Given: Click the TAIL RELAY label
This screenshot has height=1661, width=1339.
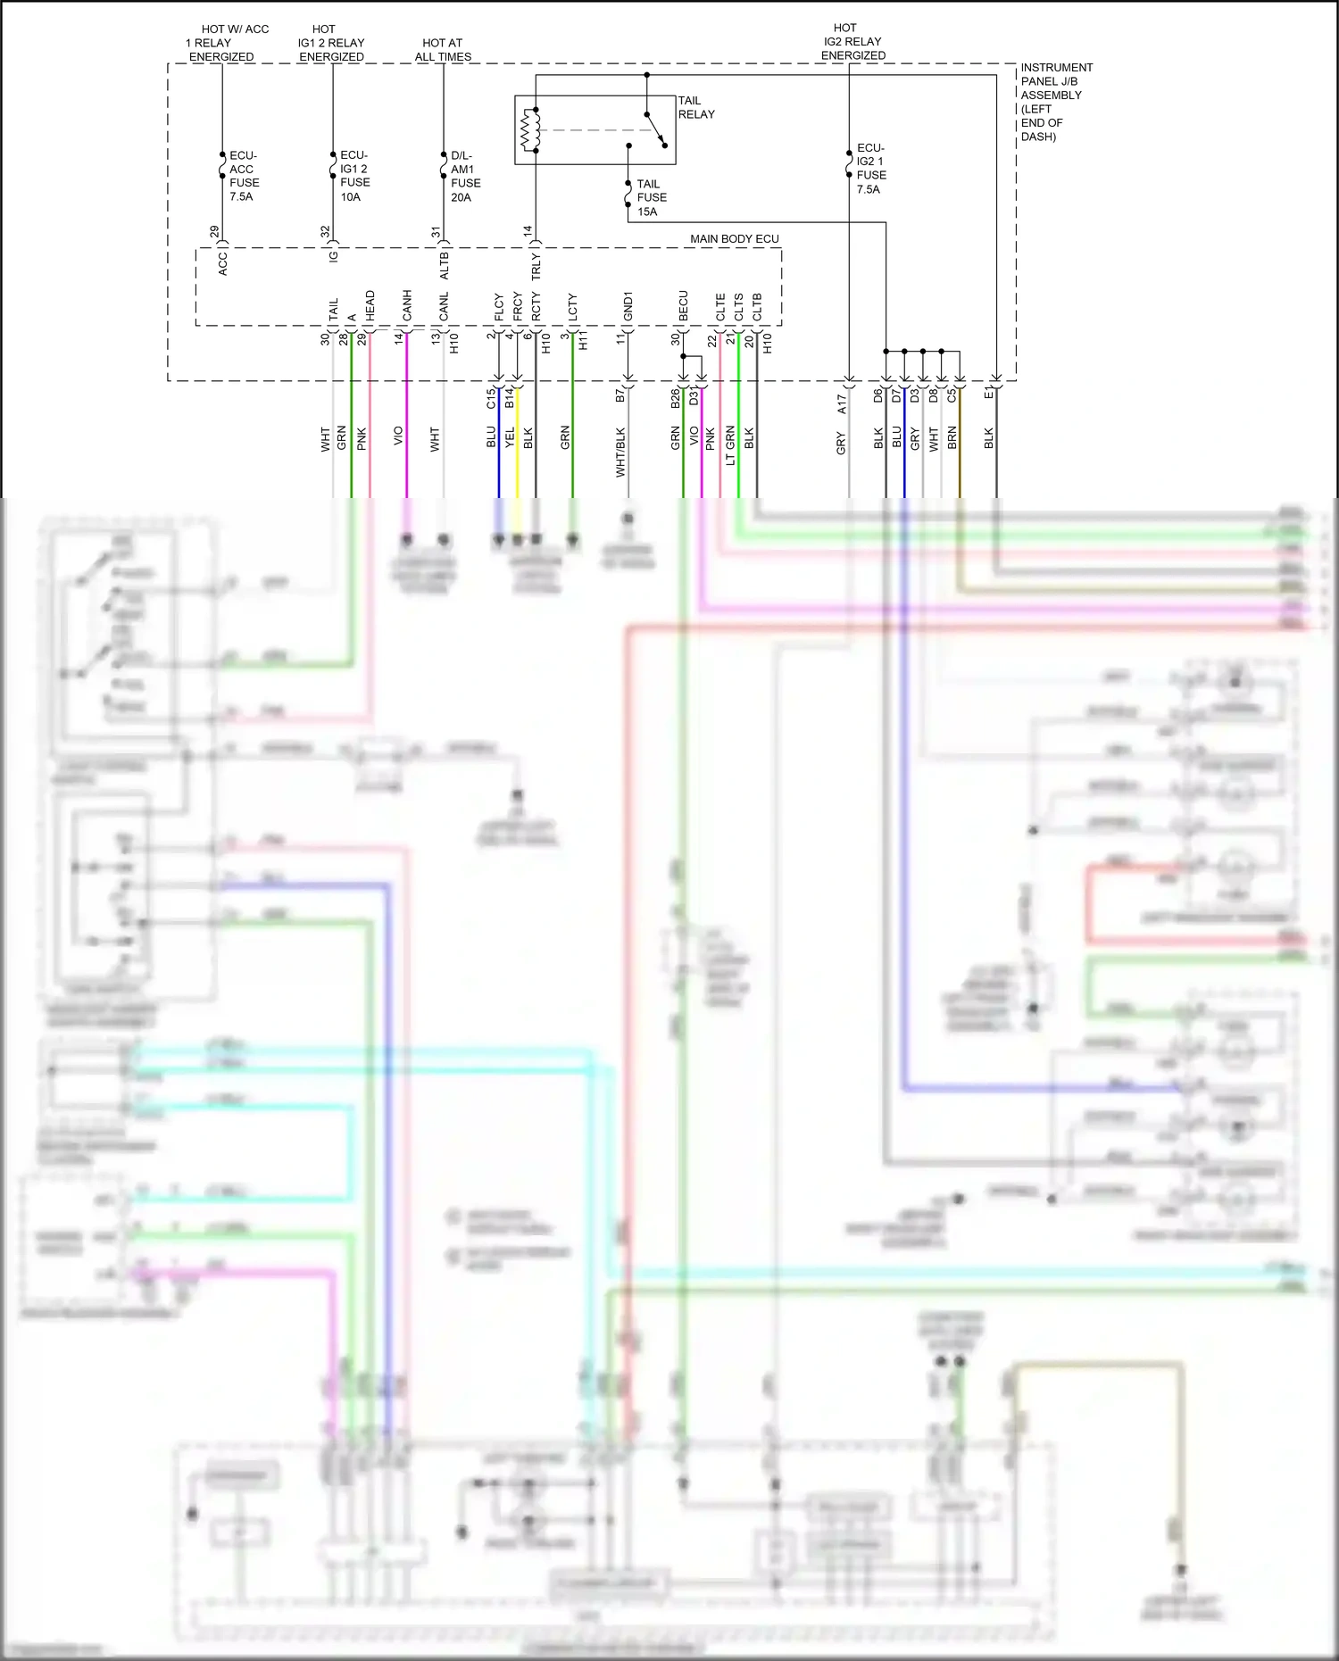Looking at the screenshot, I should point(695,107).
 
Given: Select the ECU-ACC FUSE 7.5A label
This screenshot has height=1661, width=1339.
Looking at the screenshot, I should point(243,176).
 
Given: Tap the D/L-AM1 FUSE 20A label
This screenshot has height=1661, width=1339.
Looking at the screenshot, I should point(464,176).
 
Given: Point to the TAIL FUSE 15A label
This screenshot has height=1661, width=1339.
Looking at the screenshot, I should point(651,197).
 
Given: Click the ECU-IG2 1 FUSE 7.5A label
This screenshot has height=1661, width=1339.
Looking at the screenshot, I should point(870,169).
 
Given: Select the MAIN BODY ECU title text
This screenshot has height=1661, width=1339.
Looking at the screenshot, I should point(734,239).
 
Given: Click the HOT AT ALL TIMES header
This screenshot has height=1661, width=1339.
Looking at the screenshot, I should point(443,49).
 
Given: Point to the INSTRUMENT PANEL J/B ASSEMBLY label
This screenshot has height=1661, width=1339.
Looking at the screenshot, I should point(1055,101).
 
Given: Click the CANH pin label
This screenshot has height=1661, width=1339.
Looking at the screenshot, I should point(407,306).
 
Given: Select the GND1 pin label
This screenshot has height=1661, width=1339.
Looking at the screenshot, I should point(628,306).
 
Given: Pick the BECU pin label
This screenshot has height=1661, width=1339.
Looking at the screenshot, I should point(684,306).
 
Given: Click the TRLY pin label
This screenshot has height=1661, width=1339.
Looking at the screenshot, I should point(536,266).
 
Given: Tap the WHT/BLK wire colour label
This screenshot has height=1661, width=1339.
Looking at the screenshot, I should point(620,452).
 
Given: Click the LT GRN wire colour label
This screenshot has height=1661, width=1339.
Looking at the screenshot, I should point(730,444).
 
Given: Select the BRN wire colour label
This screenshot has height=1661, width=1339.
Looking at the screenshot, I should point(952,437).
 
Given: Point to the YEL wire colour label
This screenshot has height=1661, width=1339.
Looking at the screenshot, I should point(510,437).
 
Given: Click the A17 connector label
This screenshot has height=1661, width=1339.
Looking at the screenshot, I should point(841,403).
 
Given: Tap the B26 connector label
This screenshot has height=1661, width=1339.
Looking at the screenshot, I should point(676,398).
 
